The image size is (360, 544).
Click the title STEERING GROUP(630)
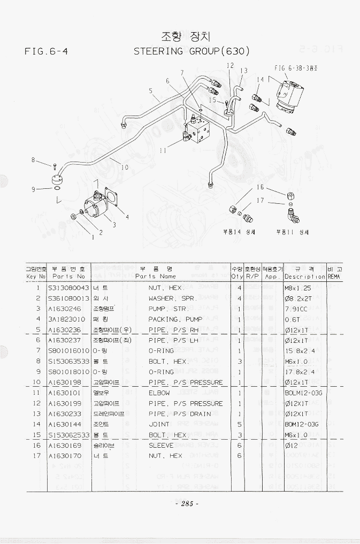click(x=192, y=51)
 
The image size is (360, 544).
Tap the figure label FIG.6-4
click(x=49, y=52)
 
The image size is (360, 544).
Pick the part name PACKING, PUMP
click(x=175, y=319)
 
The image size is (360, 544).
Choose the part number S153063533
click(x=68, y=361)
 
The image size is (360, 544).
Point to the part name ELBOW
click(x=159, y=393)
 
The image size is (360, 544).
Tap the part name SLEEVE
click(x=161, y=445)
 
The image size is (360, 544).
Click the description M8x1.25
click(x=298, y=288)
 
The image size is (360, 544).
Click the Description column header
click(x=304, y=277)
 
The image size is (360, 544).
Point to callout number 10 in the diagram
click(x=125, y=167)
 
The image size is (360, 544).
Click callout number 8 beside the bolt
click(x=33, y=160)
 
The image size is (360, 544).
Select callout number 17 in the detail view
click(x=261, y=201)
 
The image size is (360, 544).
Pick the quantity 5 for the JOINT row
click(x=239, y=424)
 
